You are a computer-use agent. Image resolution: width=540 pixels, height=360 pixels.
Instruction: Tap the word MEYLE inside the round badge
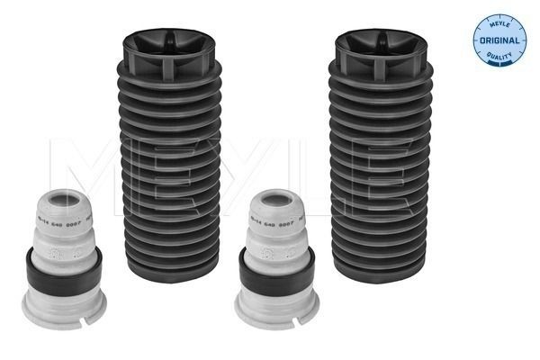(499, 26)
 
